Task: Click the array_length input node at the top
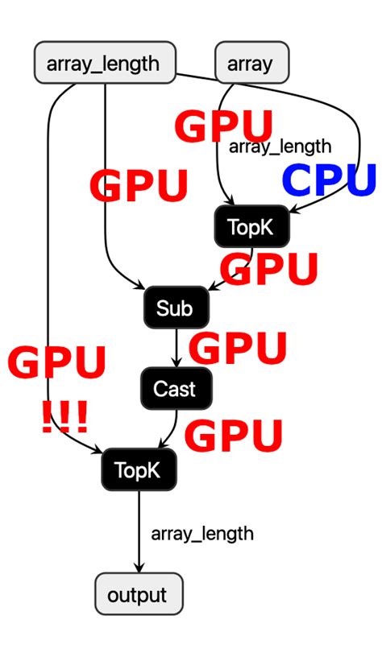[x=105, y=63]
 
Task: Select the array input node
[x=251, y=63]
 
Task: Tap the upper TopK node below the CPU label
[x=251, y=226]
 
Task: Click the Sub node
[x=176, y=307]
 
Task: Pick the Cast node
[x=175, y=389]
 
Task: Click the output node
[x=138, y=595]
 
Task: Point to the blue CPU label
[x=329, y=180]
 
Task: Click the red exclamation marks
[x=64, y=417]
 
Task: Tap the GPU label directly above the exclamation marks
[x=57, y=363]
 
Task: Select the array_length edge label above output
[x=202, y=533]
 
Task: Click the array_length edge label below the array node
[x=280, y=146]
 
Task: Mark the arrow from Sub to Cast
[x=176, y=348]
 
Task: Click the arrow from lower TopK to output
[x=138, y=531]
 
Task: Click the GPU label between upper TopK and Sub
[x=270, y=269]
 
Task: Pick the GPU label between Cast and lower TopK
[x=234, y=436]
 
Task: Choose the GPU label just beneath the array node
[x=224, y=127]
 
